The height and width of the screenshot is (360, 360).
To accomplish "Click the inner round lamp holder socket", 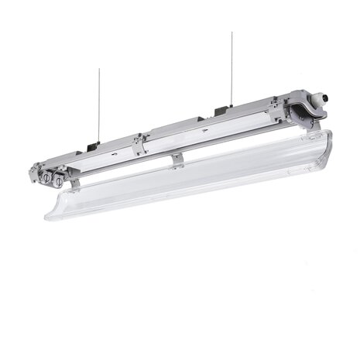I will tap(59, 180).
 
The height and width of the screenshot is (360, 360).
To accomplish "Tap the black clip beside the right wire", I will tap(220, 111).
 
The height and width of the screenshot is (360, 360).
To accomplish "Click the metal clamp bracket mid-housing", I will tap(139, 144).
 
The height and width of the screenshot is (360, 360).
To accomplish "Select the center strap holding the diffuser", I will tap(177, 160).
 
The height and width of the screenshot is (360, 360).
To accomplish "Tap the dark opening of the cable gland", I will tap(326, 98).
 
